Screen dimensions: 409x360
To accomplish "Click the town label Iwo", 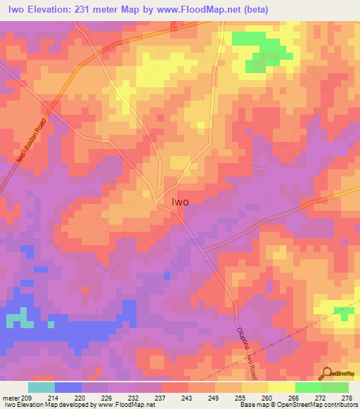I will click(180, 200).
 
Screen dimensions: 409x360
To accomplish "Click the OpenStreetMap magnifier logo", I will click(327, 374).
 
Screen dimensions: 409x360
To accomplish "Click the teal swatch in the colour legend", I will click(41, 387).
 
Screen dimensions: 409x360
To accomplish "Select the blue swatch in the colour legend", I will click(67, 387).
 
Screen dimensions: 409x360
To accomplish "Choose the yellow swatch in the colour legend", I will click(281, 387).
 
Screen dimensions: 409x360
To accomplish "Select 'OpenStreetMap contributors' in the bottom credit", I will click(321, 405).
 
